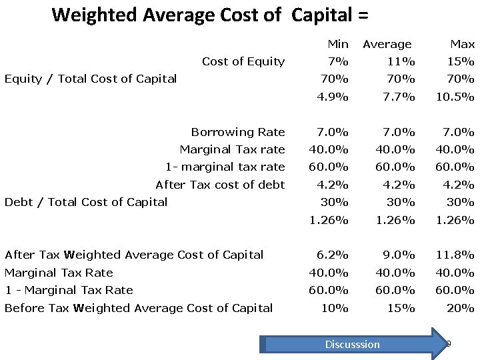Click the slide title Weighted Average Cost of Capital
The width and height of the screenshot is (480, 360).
(209, 15)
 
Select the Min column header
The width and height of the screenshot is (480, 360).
(337, 44)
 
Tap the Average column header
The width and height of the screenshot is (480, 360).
(387, 44)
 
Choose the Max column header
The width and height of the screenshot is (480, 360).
(462, 44)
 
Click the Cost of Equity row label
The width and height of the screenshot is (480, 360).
(243, 61)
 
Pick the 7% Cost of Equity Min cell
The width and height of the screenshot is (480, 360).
(338, 61)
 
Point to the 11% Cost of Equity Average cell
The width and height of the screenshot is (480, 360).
(401, 61)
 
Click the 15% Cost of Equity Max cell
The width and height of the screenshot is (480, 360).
(461, 61)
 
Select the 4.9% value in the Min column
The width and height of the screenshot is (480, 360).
(332, 97)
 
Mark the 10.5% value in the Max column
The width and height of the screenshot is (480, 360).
(455, 97)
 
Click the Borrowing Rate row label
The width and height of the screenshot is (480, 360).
(237, 132)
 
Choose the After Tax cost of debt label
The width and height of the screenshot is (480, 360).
(220, 185)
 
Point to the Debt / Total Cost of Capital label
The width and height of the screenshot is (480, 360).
(86, 202)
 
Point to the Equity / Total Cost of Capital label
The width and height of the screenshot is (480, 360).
(91, 79)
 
